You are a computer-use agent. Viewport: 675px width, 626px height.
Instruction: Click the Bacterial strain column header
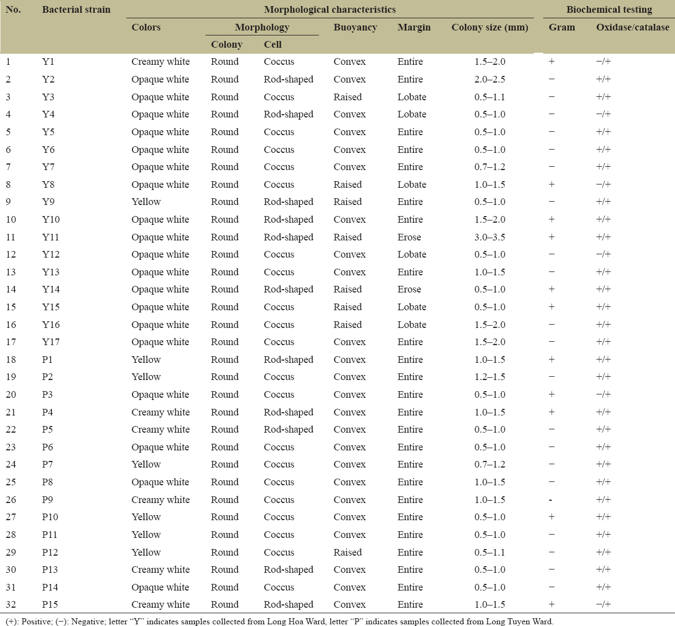(76, 9)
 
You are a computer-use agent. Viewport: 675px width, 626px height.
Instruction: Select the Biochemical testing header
(609, 9)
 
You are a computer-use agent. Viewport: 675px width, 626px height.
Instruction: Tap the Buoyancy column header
(355, 27)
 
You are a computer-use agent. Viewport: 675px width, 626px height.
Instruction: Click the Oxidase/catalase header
(632, 27)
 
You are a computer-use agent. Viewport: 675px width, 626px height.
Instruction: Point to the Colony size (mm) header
(489, 27)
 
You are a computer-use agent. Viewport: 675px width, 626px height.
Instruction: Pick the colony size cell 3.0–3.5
(489, 237)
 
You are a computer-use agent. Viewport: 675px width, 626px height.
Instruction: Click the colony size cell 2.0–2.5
(489, 79)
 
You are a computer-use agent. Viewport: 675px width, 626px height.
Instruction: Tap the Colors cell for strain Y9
(146, 202)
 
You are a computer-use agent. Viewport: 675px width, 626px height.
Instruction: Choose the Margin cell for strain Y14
(409, 289)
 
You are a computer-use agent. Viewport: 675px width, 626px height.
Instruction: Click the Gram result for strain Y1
(552, 61)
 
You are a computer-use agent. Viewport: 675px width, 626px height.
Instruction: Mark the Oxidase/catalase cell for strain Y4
(604, 114)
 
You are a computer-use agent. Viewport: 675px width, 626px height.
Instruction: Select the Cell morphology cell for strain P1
(288, 360)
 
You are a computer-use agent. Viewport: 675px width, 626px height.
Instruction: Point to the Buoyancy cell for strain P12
(348, 552)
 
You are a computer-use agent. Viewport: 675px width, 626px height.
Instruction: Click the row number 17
(11, 342)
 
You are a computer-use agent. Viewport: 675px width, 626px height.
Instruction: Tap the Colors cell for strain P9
(161, 500)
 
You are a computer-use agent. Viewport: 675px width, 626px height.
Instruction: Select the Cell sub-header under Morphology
(272, 44)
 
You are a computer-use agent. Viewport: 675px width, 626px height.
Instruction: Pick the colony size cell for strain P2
(489, 377)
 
